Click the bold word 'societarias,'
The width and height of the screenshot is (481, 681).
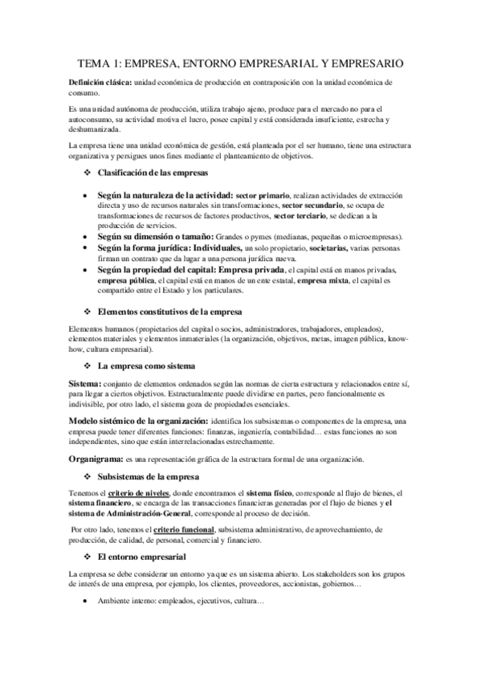pos(317,250)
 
